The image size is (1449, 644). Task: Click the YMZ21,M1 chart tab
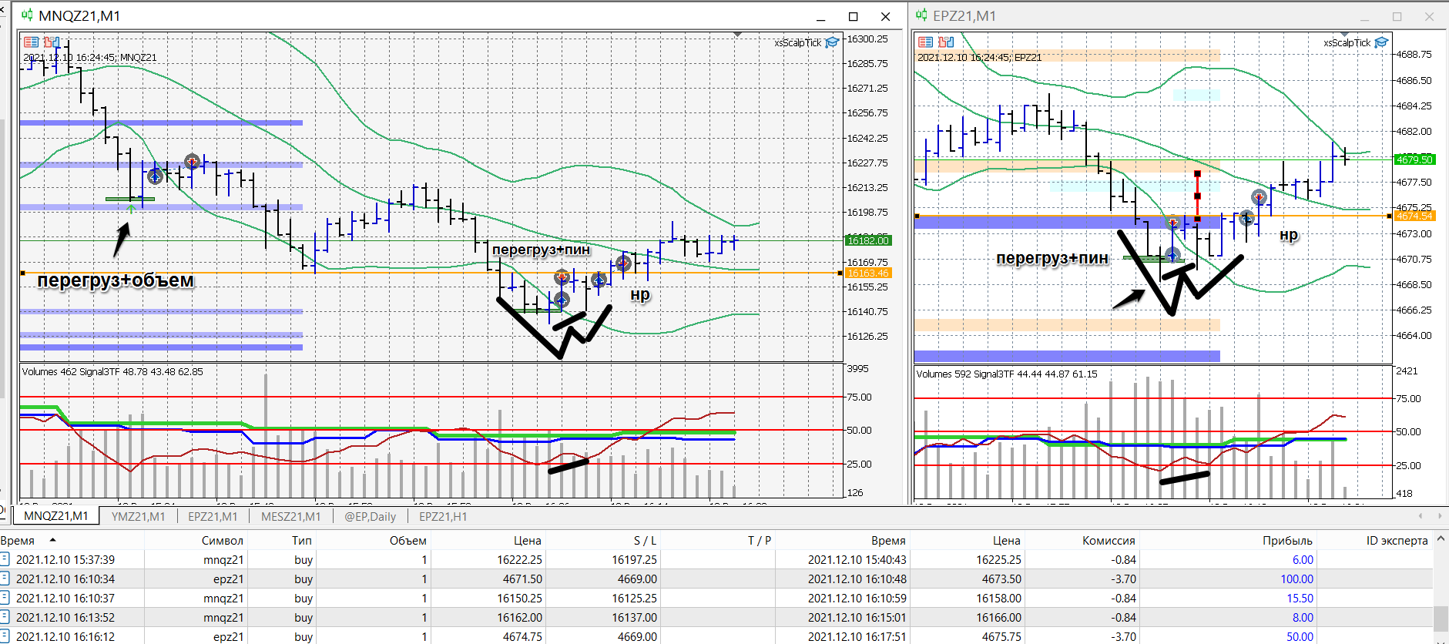(138, 516)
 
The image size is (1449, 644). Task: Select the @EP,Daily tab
(370, 516)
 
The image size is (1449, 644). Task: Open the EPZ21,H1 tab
(443, 516)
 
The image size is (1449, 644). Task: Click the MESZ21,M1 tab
(290, 516)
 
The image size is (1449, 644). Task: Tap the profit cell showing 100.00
(1296, 579)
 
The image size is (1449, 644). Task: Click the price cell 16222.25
(519, 560)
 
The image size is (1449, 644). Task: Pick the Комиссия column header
(1108, 541)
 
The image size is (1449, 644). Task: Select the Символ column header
(222, 541)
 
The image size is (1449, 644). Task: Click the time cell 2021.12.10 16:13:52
(65, 618)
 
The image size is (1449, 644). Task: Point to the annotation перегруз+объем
(116, 280)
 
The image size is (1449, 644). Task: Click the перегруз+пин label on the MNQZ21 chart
(541, 250)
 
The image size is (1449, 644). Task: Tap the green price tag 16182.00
(868, 240)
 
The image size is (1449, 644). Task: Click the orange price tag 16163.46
(868, 273)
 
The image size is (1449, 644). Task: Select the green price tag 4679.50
(1414, 159)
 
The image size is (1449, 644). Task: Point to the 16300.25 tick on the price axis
(867, 39)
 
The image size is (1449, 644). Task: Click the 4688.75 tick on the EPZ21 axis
(1414, 55)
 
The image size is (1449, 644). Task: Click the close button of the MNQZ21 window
(886, 16)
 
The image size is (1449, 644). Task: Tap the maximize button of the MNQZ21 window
(853, 16)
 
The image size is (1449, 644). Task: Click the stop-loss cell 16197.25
(634, 560)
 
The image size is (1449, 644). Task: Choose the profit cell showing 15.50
(1300, 599)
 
